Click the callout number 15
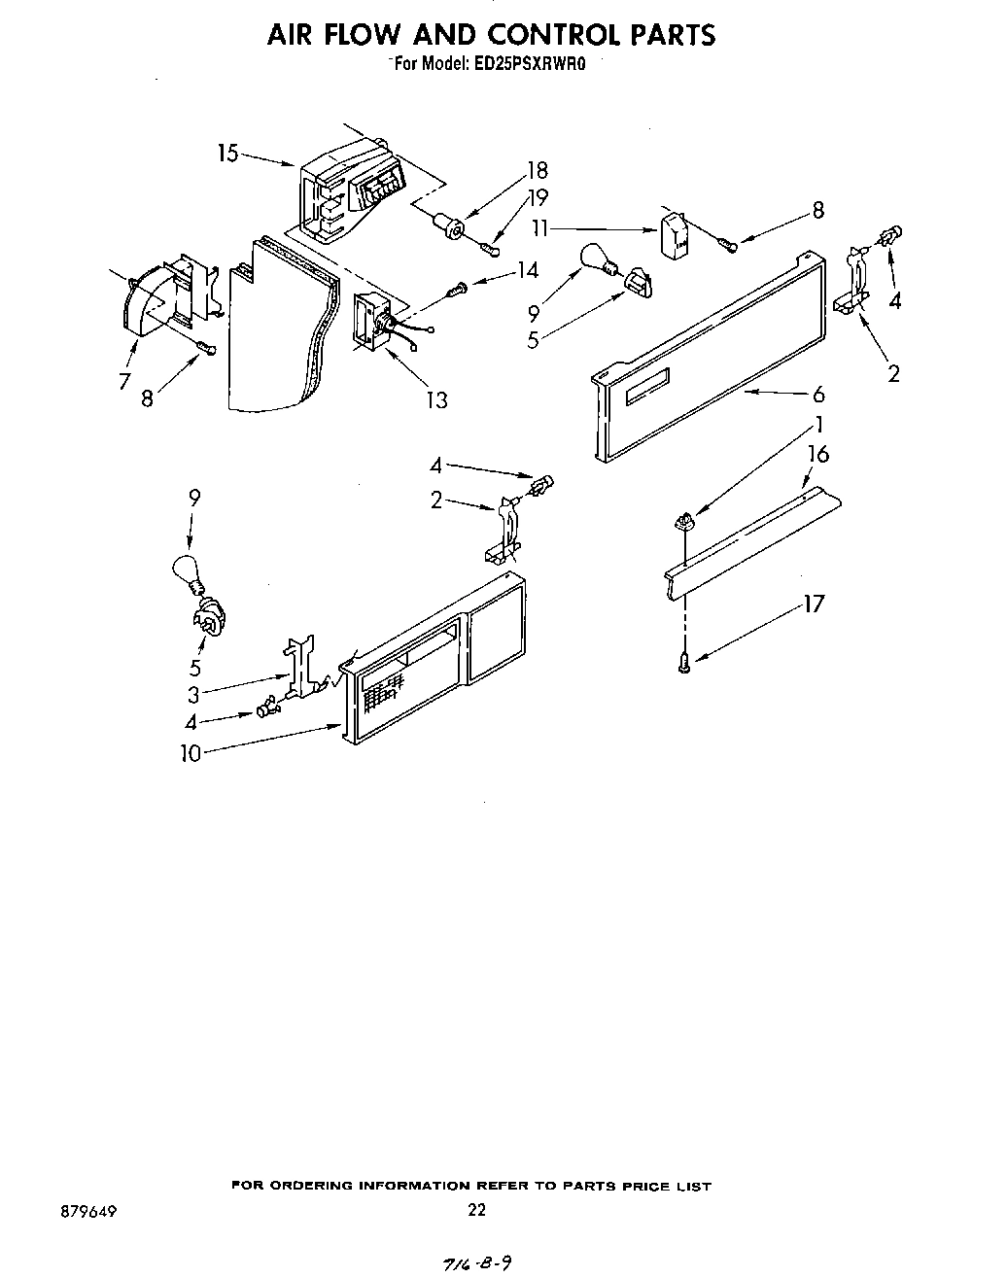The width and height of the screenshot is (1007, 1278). point(227,154)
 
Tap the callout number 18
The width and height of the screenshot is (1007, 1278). point(537,170)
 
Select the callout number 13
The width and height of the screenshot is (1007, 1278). point(437,399)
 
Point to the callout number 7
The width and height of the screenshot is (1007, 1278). point(124,382)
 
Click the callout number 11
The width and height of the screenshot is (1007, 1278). point(541,229)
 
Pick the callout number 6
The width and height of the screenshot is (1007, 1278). point(818,394)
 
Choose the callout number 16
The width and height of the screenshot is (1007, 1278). point(818,454)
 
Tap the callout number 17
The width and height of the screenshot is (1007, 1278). point(814,604)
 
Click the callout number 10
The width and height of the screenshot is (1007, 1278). point(191,752)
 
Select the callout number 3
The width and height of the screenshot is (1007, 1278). point(193,694)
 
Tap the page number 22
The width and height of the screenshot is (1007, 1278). point(476,1210)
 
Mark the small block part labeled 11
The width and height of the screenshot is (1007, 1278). point(675,236)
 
